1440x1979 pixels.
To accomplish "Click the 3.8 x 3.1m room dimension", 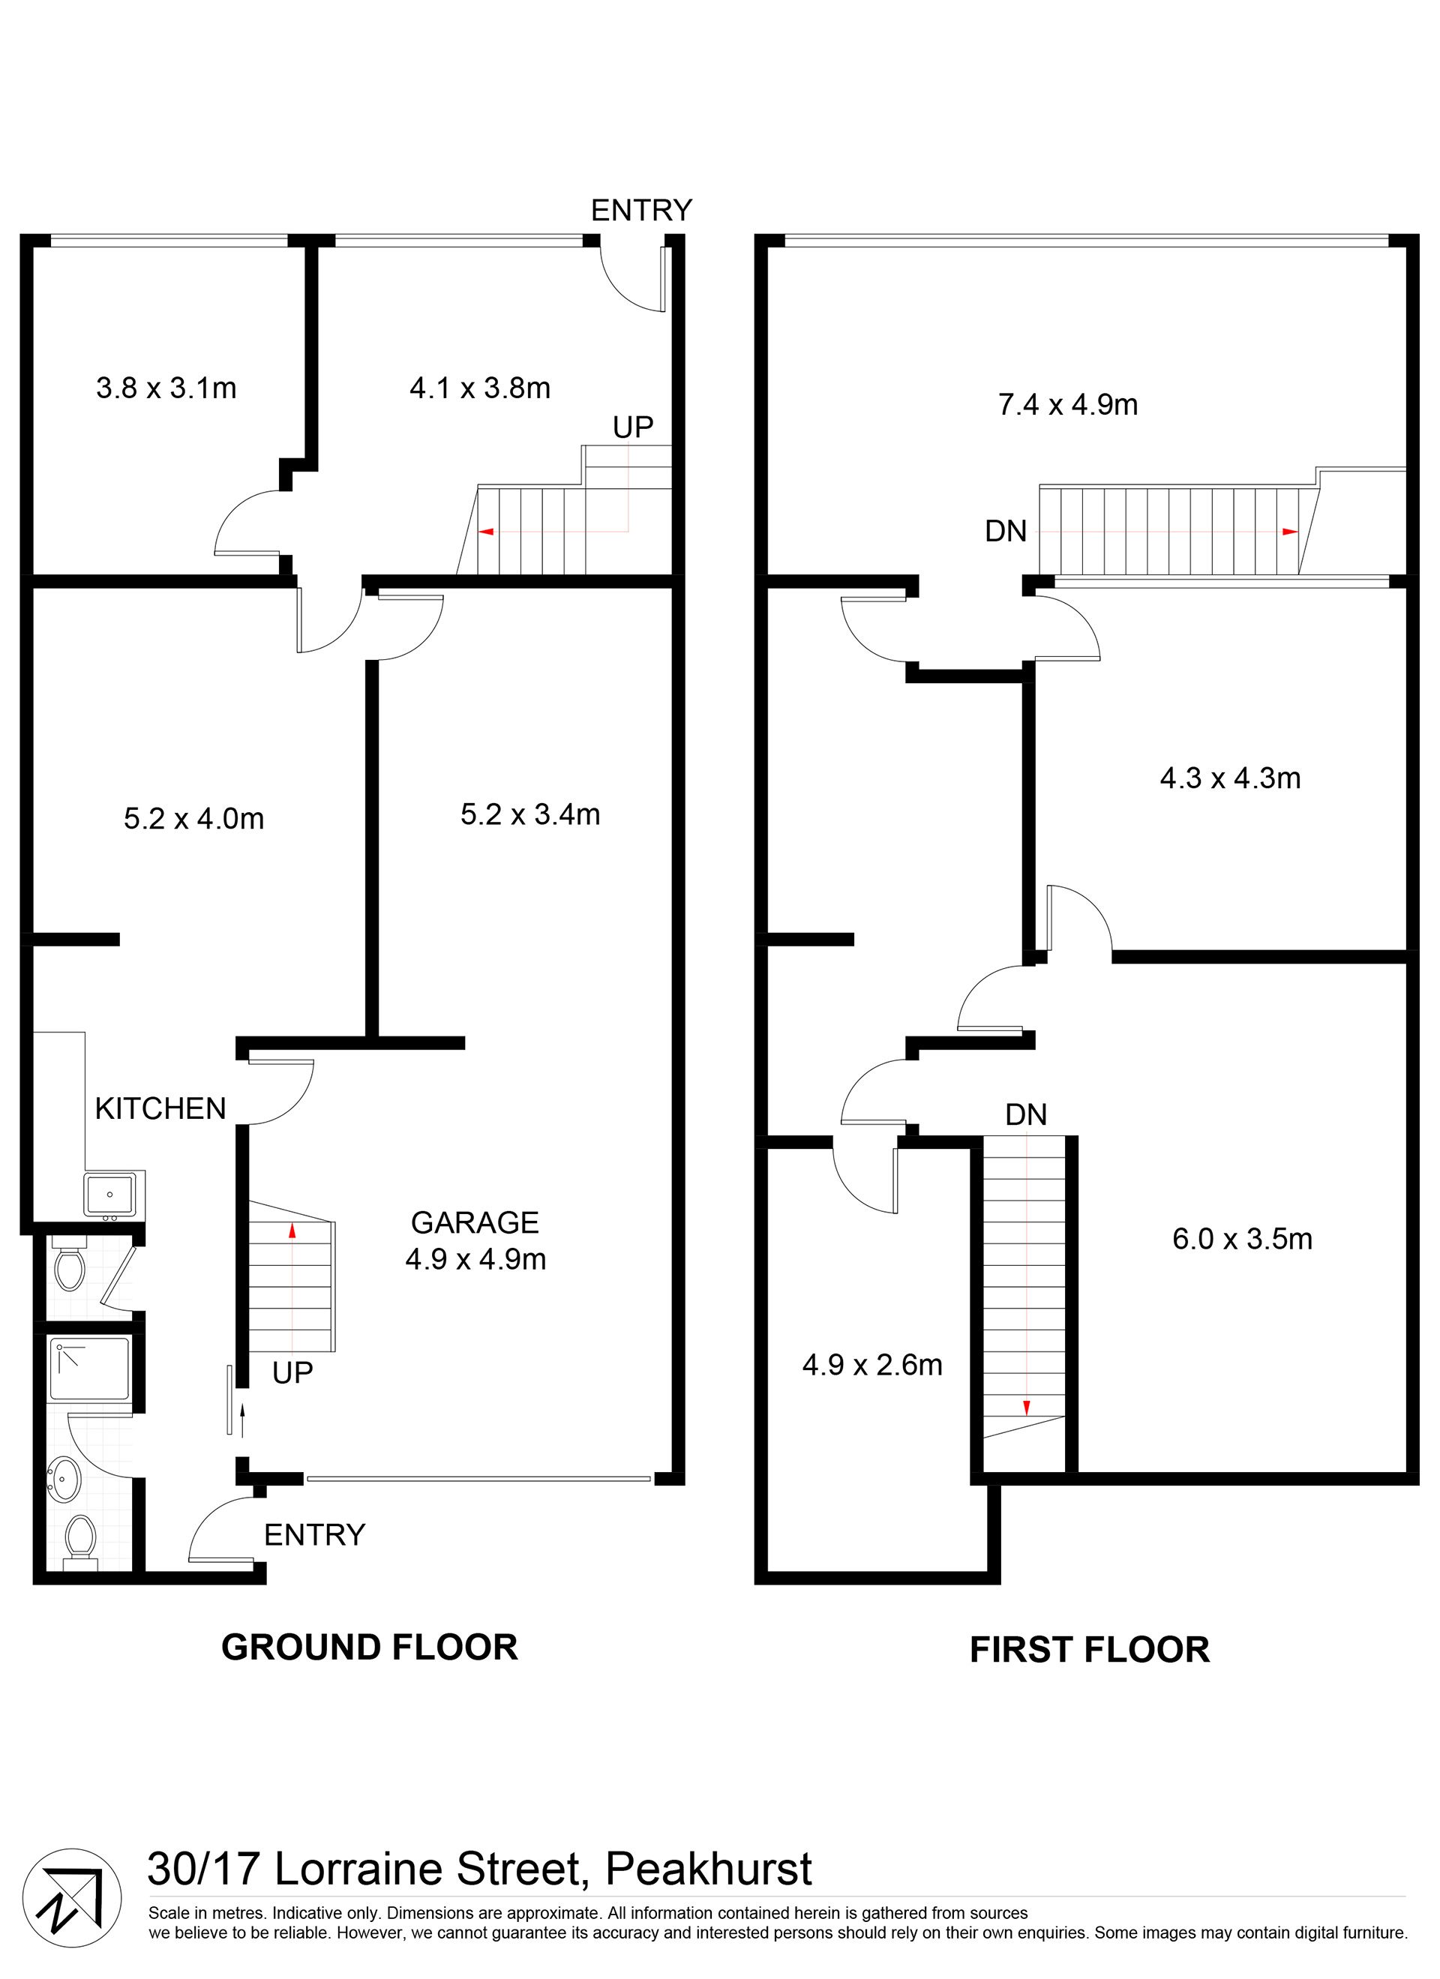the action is point(166,388).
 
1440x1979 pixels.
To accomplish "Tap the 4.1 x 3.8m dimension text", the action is point(480,388).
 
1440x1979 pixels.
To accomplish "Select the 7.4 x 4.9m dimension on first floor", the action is point(1067,405).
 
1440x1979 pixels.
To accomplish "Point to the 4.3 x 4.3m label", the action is point(1230,778).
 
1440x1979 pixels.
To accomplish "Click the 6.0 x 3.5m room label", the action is point(1242,1238).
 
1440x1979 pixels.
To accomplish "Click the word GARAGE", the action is point(475,1222).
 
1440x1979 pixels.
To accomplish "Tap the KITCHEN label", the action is point(160,1108).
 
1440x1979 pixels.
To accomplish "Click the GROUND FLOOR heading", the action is point(369,1648).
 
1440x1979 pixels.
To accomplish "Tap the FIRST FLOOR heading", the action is point(1089,1650).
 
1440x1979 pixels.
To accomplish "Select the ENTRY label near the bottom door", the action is point(314,1535).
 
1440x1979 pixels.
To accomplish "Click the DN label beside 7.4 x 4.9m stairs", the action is point(1006,532).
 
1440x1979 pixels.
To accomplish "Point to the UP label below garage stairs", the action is point(292,1373).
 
